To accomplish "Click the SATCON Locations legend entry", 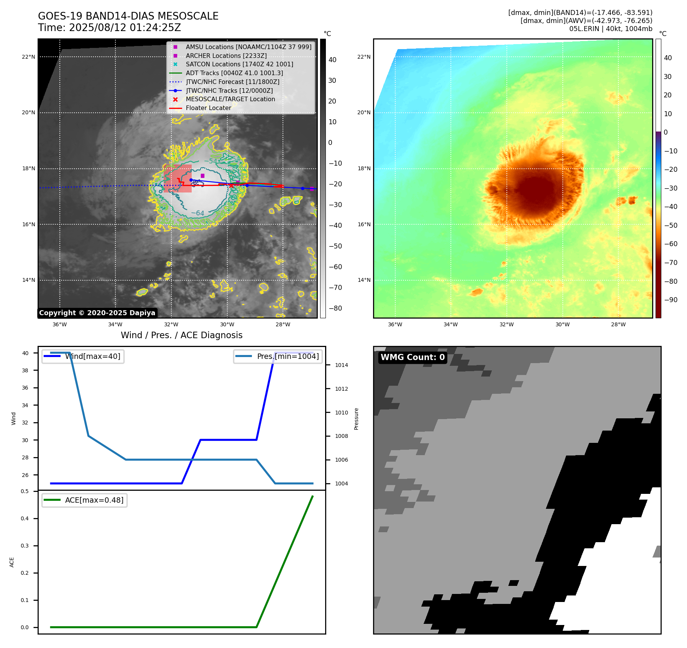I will (x=239, y=64).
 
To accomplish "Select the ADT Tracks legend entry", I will (x=234, y=73).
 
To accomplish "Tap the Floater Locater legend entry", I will (x=208, y=108).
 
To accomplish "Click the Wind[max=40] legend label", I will (x=92, y=356).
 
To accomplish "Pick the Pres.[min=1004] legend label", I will (x=288, y=356).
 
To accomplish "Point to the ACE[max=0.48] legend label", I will (x=94, y=500).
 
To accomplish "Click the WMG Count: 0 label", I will (x=413, y=357).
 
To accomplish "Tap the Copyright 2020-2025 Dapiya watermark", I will (x=97, y=313).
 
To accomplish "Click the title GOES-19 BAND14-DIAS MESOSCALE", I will (x=128, y=16).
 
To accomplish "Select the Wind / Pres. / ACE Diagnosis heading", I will (x=181, y=336).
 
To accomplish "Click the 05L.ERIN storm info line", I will (x=610, y=29).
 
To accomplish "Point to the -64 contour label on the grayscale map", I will (x=198, y=213).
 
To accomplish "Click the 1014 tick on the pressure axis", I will (x=341, y=365).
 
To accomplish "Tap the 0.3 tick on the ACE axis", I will (x=25, y=546).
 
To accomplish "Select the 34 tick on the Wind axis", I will (x=25, y=405).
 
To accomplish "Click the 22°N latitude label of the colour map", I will (x=364, y=57).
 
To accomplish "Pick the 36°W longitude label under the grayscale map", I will (x=59, y=324).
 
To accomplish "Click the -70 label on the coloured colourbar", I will (x=671, y=263).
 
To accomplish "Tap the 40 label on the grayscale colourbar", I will (x=332, y=60).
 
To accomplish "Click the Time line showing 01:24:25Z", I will (x=109, y=28).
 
